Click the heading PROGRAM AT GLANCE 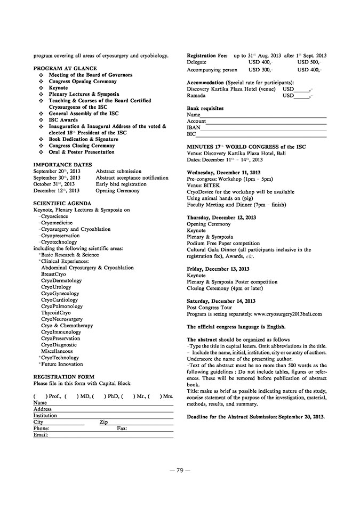coord(65,69)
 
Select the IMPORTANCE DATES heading coord(62,165)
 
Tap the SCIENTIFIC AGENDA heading coord(62,204)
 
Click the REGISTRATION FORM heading coord(63,377)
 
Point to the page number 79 coord(180,470)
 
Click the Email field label coord(41,435)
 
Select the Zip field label coord(103,422)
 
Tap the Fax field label coord(122,429)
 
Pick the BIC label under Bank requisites coord(191,134)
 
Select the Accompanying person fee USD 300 coord(261,70)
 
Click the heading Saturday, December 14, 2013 coord(221,301)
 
